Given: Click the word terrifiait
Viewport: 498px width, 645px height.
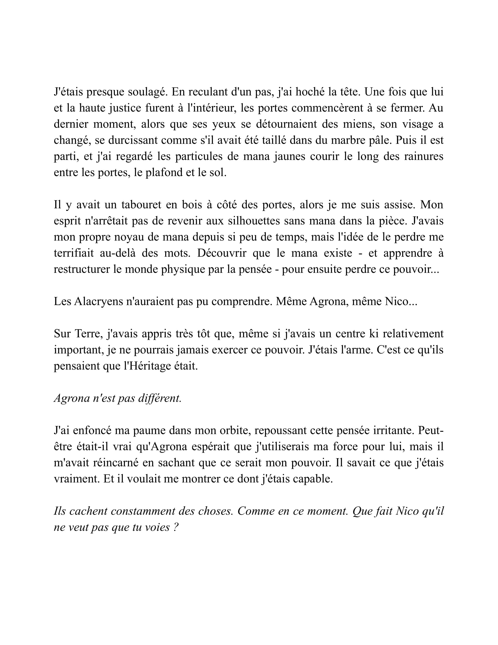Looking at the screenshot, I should tap(74, 253).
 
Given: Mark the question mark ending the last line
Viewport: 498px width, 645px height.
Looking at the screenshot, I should tap(176, 527).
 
